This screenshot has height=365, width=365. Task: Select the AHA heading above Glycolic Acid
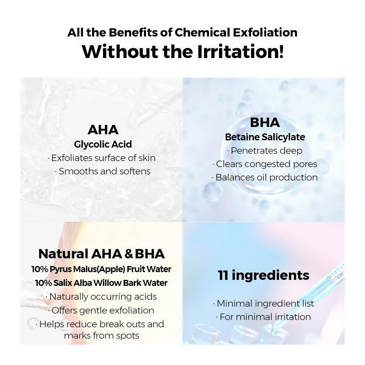pyautogui.click(x=103, y=130)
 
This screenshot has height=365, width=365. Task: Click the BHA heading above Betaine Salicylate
pyautogui.click(x=265, y=122)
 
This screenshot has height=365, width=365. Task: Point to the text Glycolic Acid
pyautogui.click(x=103, y=144)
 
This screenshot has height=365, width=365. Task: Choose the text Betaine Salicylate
pyautogui.click(x=265, y=137)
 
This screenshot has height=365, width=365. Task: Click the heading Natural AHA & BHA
pyautogui.click(x=101, y=254)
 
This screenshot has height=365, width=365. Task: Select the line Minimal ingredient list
pyautogui.click(x=265, y=303)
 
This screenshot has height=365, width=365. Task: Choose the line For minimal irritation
pyautogui.click(x=265, y=317)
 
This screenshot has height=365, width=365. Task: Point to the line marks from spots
pyautogui.click(x=101, y=336)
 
